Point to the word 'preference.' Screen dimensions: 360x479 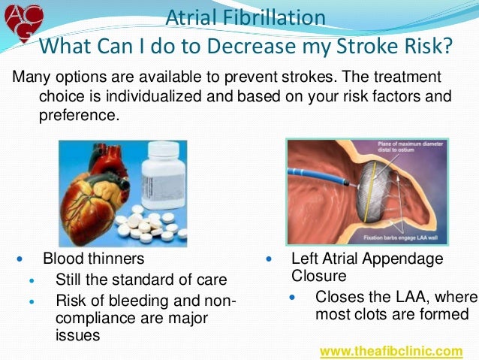[x=78, y=115]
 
